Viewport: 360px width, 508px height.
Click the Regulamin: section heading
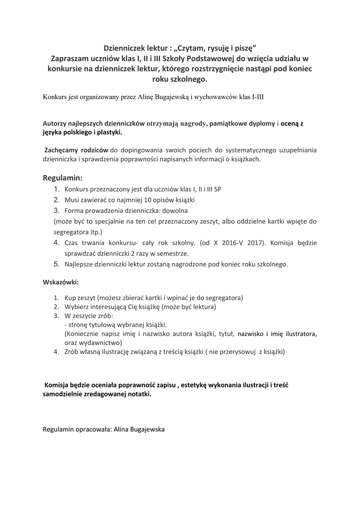63,178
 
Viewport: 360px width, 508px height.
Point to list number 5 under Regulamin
57,264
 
